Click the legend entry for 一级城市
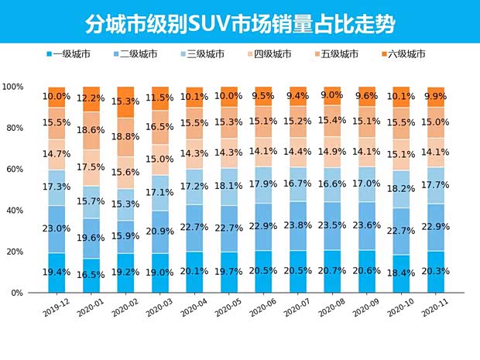[72, 54]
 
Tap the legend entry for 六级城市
[406, 54]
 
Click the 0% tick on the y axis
[21, 293]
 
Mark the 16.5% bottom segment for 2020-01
[91, 276]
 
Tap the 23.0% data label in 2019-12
[57, 229]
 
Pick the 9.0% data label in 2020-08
[332, 96]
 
